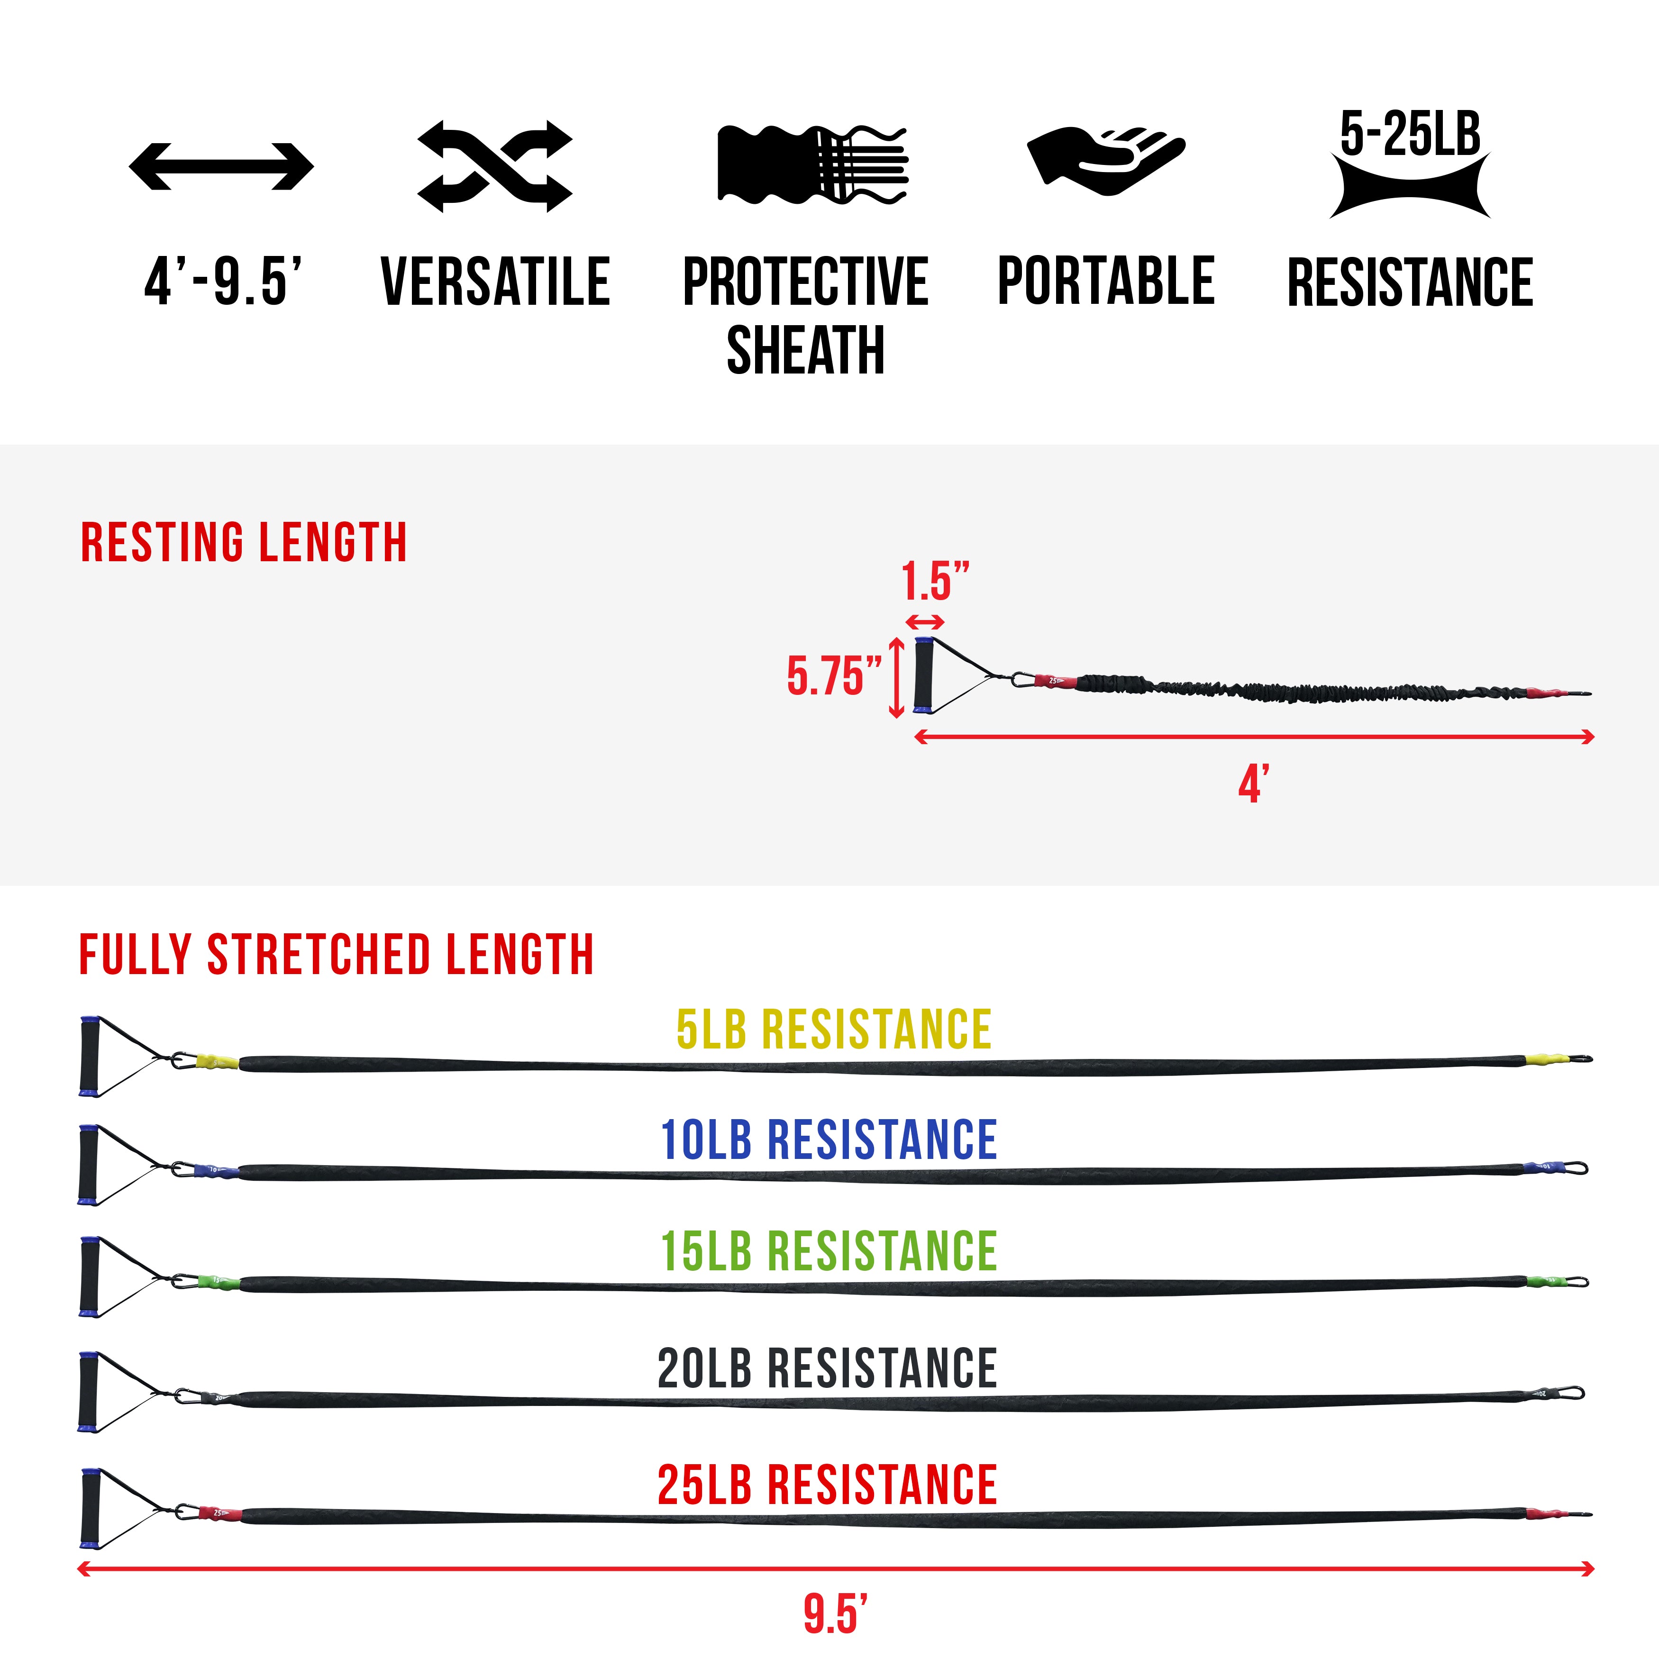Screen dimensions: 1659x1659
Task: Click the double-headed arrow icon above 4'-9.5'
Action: (x=221, y=166)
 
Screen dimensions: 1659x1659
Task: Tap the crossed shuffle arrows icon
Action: (x=494, y=166)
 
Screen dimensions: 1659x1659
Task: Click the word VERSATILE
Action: (x=495, y=282)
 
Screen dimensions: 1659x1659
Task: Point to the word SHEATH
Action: (x=805, y=350)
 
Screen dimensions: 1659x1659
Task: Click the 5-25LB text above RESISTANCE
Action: (x=1410, y=135)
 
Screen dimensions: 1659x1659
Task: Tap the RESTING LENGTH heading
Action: (x=244, y=543)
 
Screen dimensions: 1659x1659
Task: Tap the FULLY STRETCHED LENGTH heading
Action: (x=337, y=955)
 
